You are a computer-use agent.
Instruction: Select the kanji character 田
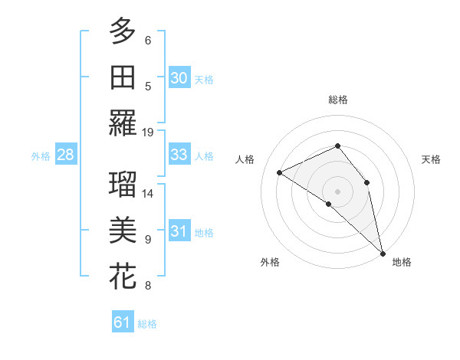[x=123, y=77]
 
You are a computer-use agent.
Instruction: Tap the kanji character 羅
[x=123, y=123]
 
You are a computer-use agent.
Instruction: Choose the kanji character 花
[x=123, y=277]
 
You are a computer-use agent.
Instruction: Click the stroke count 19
[x=148, y=132]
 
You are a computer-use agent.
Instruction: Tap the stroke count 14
[x=148, y=193]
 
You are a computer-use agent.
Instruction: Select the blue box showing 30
[x=179, y=77]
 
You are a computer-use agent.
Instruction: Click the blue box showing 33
[x=179, y=155]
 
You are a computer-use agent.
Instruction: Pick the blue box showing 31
[x=179, y=231]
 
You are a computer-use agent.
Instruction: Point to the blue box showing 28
[x=65, y=155]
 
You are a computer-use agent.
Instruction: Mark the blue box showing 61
[x=123, y=322]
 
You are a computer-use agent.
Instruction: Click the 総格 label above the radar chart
[x=338, y=100]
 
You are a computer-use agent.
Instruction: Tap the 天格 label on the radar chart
[x=432, y=159]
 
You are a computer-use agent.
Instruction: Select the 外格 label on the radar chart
[x=270, y=262]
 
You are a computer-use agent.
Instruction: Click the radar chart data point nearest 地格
[x=383, y=252]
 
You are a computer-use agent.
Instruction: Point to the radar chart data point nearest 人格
[x=280, y=172]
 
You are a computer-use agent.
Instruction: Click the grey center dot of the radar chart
[x=337, y=191]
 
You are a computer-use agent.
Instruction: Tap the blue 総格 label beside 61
[x=147, y=324]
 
